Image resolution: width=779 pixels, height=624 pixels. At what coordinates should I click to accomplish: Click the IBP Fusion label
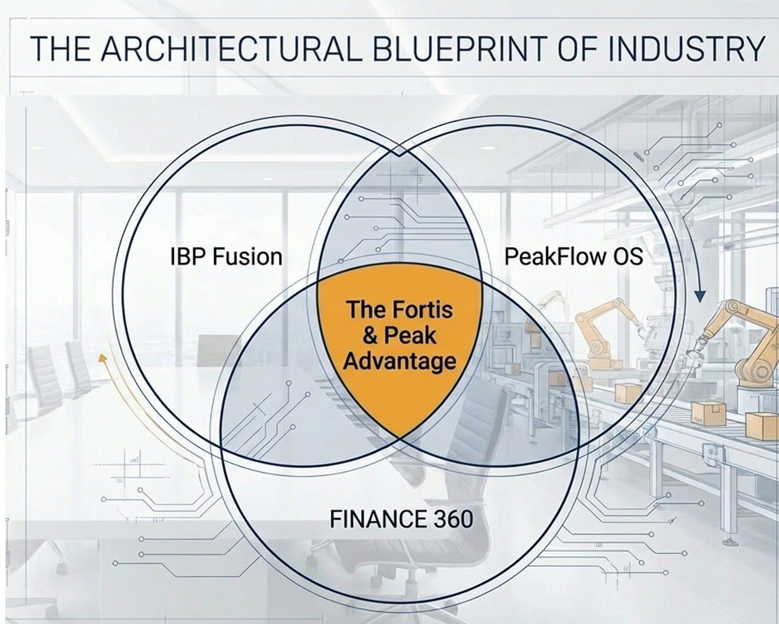pyautogui.click(x=226, y=257)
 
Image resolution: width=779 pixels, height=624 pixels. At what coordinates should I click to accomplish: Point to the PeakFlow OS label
pyautogui.click(x=574, y=257)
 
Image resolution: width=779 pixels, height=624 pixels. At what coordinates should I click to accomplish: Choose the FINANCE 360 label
pyautogui.click(x=401, y=519)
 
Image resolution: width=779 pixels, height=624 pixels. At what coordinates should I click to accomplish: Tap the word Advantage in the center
pyautogui.click(x=400, y=361)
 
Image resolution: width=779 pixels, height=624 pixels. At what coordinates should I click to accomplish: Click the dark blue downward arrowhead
pyautogui.click(x=701, y=295)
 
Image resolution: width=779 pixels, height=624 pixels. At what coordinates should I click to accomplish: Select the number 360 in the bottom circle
pyautogui.click(x=453, y=519)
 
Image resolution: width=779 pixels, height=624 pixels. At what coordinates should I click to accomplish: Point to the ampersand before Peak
pyautogui.click(x=370, y=336)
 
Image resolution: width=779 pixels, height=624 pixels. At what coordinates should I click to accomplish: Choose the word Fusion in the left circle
pyautogui.click(x=247, y=257)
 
